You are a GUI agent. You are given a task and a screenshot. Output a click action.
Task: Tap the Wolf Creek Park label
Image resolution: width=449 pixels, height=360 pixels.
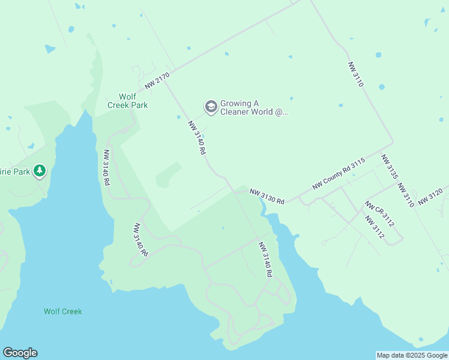[x=127, y=101]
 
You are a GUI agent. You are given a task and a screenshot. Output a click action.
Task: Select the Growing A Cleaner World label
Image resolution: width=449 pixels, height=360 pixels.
[x=255, y=107]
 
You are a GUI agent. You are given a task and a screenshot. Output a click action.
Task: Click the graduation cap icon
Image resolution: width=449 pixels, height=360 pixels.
[x=211, y=107]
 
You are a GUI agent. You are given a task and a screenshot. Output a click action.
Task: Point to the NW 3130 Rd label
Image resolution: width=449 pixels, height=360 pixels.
[x=267, y=196]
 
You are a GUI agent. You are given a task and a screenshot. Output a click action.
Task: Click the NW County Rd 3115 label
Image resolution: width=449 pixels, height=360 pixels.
[x=339, y=175]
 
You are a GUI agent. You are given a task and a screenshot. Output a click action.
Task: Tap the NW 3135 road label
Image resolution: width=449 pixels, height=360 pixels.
[x=390, y=167]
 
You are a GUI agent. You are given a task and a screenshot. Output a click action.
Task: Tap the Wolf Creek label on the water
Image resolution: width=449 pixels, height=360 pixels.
[x=62, y=311]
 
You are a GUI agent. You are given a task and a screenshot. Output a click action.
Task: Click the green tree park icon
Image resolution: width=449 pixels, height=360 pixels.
[x=40, y=172]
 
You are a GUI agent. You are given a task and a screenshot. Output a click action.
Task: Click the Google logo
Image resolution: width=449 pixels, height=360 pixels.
[x=20, y=353]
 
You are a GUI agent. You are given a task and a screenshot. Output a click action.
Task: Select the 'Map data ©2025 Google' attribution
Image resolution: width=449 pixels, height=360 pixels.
[x=412, y=355]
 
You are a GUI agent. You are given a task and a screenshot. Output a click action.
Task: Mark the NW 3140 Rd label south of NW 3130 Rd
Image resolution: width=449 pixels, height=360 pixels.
[x=265, y=259]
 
